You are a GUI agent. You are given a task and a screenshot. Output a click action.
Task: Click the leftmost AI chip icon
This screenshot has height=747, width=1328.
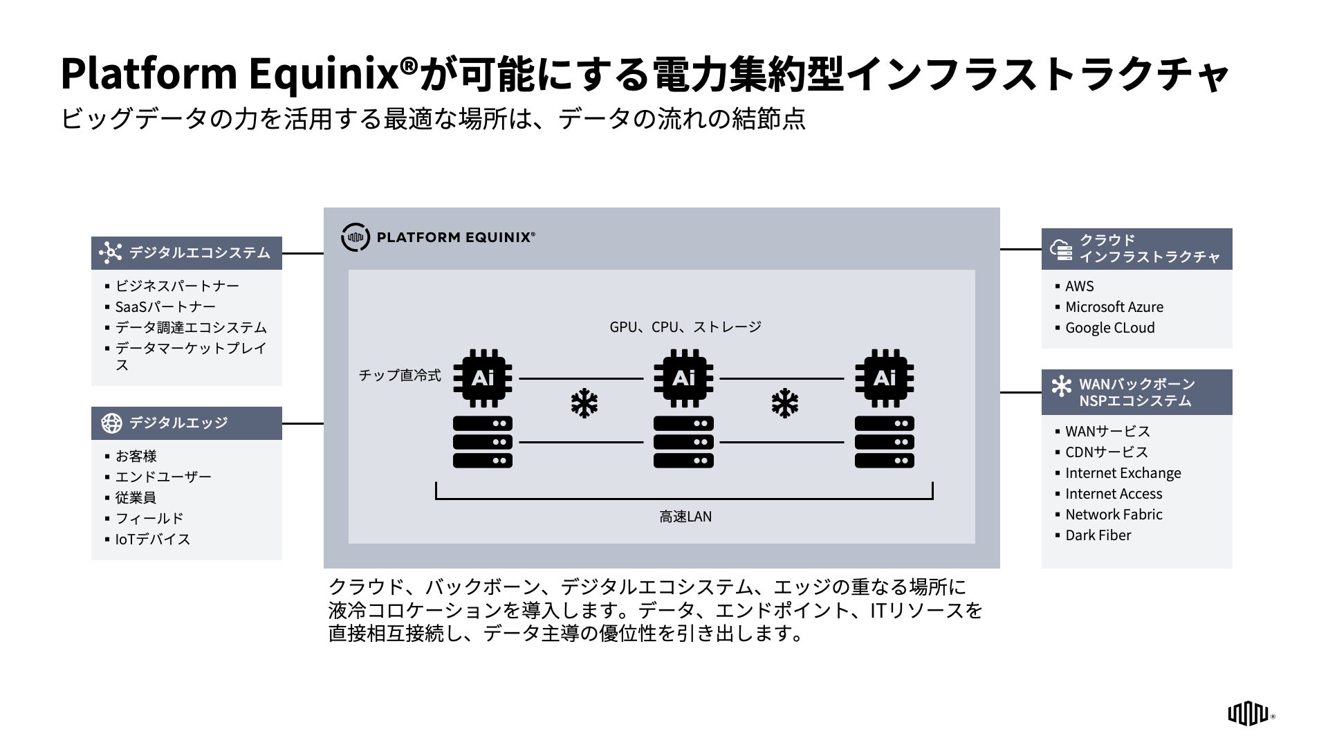pyautogui.click(x=483, y=378)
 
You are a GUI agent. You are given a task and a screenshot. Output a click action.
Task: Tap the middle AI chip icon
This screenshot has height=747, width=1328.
pyautogui.click(x=683, y=378)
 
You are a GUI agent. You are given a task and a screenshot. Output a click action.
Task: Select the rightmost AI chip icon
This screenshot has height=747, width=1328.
pyautogui.click(x=884, y=378)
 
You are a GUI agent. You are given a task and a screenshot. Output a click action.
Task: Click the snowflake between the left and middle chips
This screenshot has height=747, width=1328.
pyautogui.click(x=584, y=404)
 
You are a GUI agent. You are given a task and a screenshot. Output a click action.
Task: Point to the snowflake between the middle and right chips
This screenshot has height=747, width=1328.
pyautogui.click(x=785, y=404)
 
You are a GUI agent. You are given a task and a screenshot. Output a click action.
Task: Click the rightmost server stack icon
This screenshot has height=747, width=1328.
pyautogui.click(x=884, y=442)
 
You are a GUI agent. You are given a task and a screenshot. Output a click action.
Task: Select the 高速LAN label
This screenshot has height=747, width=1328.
pyautogui.click(x=685, y=517)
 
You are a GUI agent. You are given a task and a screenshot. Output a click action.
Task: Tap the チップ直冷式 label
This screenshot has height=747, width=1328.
pyautogui.click(x=400, y=376)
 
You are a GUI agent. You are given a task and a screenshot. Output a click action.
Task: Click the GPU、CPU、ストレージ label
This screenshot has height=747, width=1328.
pyautogui.click(x=685, y=327)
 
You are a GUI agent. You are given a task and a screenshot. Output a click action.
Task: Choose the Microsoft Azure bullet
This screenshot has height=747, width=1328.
pyautogui.click(x=1114, y=307)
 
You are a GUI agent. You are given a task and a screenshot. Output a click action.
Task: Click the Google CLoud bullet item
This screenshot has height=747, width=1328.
pyautogui.click(x=1109, y=328)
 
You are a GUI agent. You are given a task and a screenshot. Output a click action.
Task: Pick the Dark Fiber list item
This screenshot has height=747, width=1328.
pyautogui.click(x=1098, y=535)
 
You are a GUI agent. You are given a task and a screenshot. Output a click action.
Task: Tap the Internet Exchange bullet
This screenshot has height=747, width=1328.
pyautogui.click(x=1123, y=473)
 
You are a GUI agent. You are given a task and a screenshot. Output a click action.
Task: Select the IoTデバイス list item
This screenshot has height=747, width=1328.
pyautogui.click(x=152, y=539)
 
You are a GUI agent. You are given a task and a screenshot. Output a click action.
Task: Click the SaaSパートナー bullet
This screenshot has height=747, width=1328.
pyautogui.click(x=165, y=307)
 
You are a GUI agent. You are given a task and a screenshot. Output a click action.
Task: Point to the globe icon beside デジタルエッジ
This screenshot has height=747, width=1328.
pyautogui.click(x=111, y=423)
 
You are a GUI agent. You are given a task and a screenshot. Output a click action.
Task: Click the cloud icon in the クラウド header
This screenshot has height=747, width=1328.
pyautogui.click(x=1061, y=249)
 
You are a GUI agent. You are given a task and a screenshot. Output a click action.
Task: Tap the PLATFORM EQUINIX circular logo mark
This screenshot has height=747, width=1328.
pyautogui.click(x=355, y=237)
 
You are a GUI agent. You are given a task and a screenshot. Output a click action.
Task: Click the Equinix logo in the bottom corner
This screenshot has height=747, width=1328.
pyautogui.click(x=1248, y=714)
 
